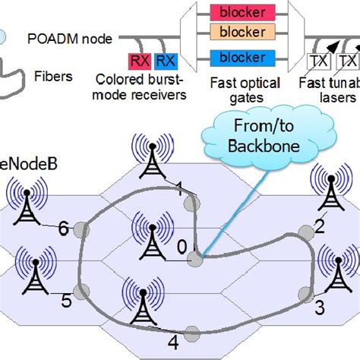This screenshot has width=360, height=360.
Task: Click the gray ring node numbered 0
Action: click(196, 258)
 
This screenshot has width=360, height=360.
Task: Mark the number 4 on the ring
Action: click(173, 339)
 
